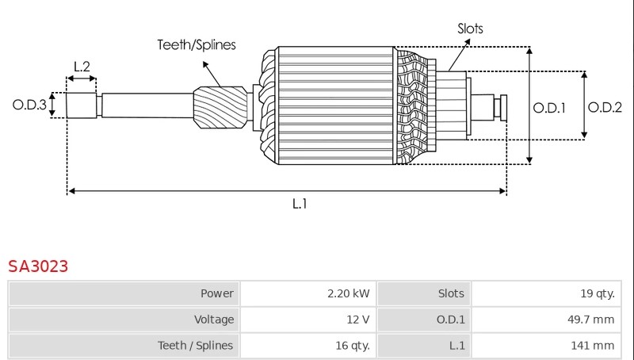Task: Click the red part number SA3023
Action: coord(38,266)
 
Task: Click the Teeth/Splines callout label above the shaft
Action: coord(196,45)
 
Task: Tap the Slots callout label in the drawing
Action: coord(470,29)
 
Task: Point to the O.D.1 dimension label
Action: coord(548,108)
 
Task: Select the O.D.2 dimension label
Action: coord(605,108)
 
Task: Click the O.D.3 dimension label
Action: coord(29,105)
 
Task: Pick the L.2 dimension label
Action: coord(82,67)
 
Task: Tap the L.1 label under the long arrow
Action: coord(299,204)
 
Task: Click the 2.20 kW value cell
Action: coord(349,293)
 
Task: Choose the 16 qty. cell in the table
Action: coord(353,345)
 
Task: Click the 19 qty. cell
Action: coord(597,293)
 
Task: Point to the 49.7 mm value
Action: coord(591,320)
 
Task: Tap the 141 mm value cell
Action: coord(594,345)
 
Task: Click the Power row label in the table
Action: coord(216,293)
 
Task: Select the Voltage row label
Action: coord(214,320)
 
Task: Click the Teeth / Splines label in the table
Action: coord(196,345)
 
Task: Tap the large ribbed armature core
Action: coord(333,105)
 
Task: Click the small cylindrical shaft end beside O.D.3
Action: coord(80,105)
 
